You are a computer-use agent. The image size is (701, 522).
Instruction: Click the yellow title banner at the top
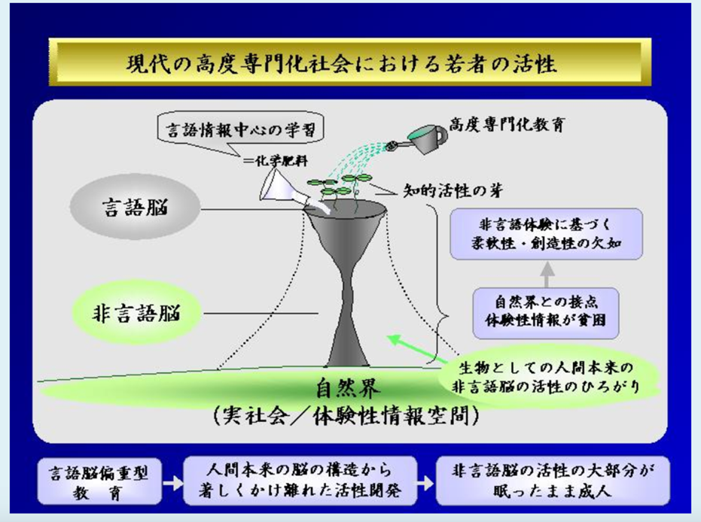(349, 62)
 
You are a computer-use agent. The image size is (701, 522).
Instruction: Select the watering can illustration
(419, 138)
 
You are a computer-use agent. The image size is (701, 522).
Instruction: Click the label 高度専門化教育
(507, 124)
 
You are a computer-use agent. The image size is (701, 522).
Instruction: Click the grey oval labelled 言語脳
(135, 207)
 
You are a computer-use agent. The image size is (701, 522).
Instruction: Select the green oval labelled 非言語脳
(136, 313)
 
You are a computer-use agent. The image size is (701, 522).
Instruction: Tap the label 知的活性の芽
(453, 191)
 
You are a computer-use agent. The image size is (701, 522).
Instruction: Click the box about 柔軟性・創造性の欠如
(546, 233)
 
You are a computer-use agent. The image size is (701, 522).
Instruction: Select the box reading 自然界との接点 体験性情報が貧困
(546, 313)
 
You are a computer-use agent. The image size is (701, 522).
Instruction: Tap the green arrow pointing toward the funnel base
(418, 349)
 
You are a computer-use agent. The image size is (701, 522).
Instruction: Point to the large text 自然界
(349, 388)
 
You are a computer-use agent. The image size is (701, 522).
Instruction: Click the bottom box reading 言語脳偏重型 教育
(99, 481)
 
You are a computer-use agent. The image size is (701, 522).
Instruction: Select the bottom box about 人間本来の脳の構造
(300, 481)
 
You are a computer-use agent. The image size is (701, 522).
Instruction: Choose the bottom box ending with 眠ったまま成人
(553, 481)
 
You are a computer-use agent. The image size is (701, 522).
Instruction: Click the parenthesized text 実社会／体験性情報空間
(346, 416)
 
